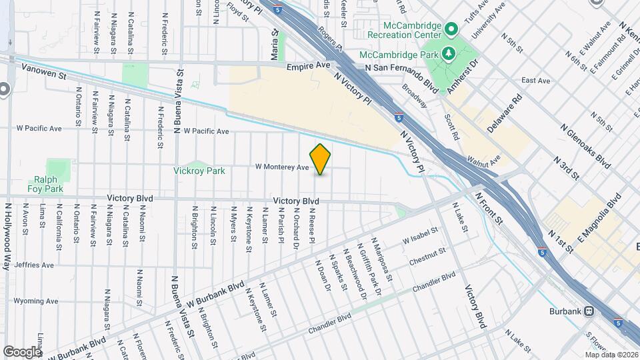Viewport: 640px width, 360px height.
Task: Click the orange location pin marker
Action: tap(321, 159)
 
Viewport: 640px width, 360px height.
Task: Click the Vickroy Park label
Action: tap(199, 171)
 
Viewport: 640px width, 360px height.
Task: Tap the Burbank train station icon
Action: tap(589, 311)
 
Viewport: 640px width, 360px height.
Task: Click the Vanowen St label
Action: tap(45, 68)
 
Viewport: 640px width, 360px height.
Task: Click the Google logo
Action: tap(23, 351)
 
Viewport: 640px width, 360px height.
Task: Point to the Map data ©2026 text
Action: tap(611, 354)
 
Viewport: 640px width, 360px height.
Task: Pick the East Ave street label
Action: tap(536, 81)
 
